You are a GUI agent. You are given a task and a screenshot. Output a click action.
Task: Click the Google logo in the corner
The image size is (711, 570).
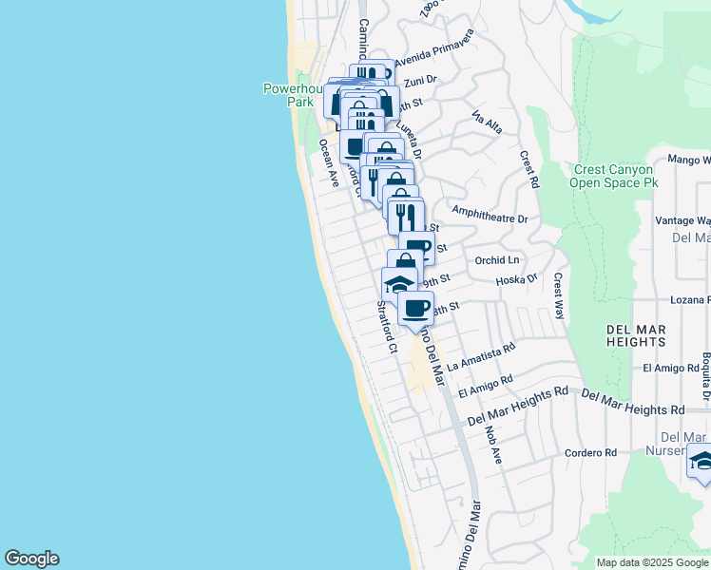pos(31,559)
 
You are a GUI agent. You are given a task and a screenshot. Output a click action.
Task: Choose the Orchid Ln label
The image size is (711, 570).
pos(499,259)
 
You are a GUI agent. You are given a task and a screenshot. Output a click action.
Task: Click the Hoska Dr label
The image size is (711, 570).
pos(517,280)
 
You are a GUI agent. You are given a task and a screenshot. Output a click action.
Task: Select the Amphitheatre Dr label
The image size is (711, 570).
pos(490,218)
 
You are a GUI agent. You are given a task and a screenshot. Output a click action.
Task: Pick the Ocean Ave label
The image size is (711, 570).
pos(329,162)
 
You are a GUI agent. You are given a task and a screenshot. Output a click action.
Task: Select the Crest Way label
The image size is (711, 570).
pos(560,295)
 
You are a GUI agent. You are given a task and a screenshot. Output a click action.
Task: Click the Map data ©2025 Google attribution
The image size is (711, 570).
pos(652,562)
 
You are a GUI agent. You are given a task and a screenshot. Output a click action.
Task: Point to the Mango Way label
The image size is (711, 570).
pos(688,161)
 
